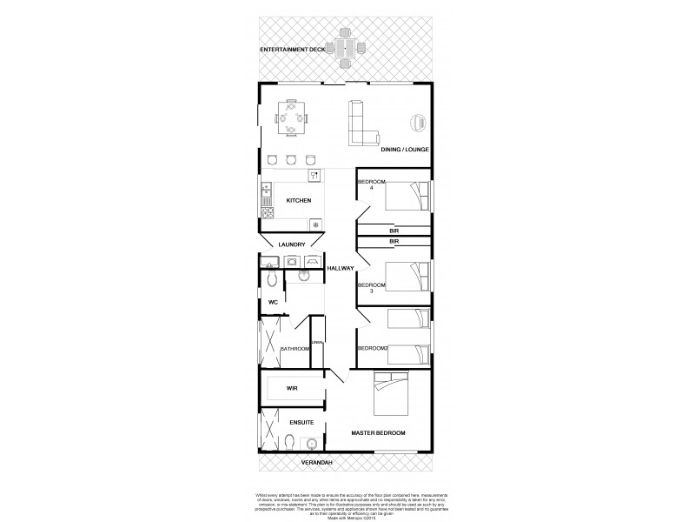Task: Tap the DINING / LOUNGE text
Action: [x=405, y=150]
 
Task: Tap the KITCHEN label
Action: [x=298, y=201]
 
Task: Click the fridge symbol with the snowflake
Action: [x=315, y=224]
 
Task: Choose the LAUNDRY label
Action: [x=291, y=244]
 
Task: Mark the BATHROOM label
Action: [x=294, y=349]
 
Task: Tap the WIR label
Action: [x=292, y=391]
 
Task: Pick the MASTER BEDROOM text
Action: [x=378, y=432]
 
